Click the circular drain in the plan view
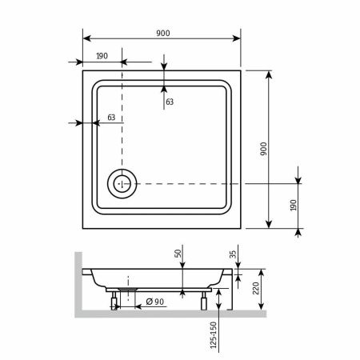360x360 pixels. (122, 183)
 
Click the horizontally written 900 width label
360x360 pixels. (163, 33)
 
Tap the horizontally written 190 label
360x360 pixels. (102, 55)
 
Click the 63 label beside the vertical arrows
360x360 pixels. (170, 102)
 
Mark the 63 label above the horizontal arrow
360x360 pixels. (111, 118)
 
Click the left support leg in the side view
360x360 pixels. (115, 301)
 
